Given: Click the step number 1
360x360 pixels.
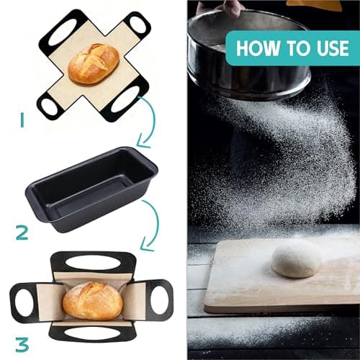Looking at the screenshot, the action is tap(22, 120).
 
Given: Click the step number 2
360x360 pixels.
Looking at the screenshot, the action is tap(22, 233).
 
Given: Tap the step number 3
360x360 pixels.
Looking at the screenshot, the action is tap(22, 344).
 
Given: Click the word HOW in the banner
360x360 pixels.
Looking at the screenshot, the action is tap(258, 48).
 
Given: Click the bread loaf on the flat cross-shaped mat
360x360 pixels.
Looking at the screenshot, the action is tap(94, 63).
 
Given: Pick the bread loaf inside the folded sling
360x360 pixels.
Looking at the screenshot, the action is tap(92, 301).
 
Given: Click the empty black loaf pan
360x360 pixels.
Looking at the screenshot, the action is tap(91, 189).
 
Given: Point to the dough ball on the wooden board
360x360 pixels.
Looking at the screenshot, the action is tap(296, 258).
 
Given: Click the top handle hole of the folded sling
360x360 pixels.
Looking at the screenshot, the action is tap(94, 262).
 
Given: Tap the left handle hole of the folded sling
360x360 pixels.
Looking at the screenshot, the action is tap(23, 302).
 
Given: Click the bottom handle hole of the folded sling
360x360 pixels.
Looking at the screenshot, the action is tap(92, 333).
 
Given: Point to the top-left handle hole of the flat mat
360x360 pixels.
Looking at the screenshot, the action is tap(62, 32).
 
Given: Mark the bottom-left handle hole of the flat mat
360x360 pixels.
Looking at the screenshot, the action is tap(49, 107).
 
